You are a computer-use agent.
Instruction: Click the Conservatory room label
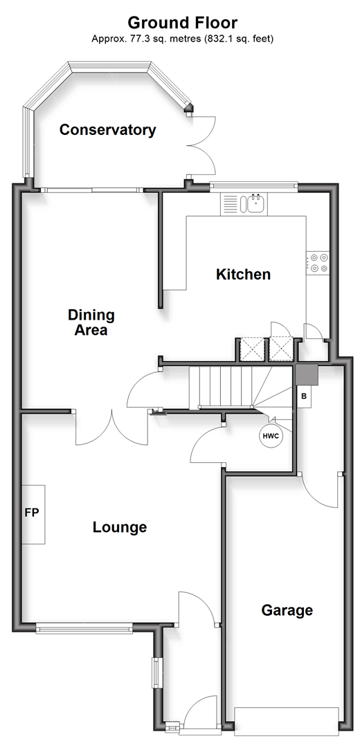pos(107,129)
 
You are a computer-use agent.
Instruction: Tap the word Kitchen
pos(243,274)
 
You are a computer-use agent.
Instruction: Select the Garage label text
pos(287,610)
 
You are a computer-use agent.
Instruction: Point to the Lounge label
pos(120,527)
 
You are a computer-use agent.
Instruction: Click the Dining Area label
pos(91,322)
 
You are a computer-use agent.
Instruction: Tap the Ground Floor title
pos(183,22)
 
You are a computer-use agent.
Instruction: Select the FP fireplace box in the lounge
pos(33,514)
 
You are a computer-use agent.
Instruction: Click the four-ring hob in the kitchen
pos(318,263)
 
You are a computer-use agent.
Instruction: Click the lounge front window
pos(84,628)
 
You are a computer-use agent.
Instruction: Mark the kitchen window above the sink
pos(254,185)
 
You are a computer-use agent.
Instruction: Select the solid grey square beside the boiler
pos(307,374)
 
